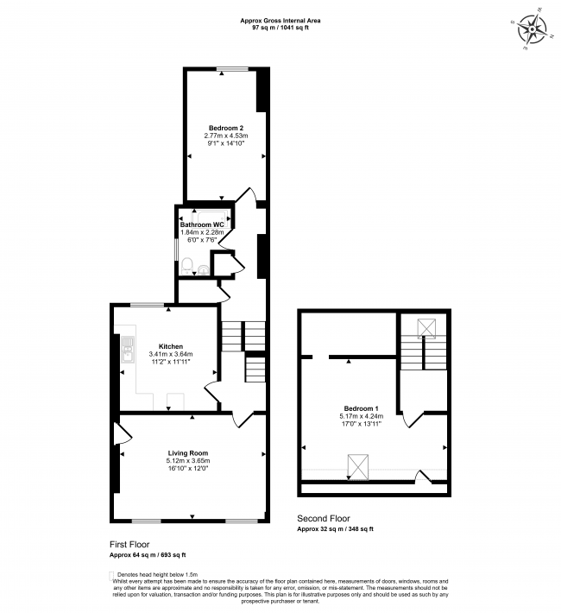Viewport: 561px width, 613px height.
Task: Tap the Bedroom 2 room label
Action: pyautogui.click(x=225, y=127)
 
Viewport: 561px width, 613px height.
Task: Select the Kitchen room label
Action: pyautogui.click(x=170, y=345)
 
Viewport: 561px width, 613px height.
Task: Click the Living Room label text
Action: pyautogui.click(x=187, y=452)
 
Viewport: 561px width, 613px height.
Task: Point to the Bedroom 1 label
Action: pyautogui.click(x=361, y=408)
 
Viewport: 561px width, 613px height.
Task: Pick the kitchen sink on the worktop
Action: pyautogui.click(x=126, y=349)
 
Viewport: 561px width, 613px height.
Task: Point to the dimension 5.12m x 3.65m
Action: pyautogui.click(x=187, y=461)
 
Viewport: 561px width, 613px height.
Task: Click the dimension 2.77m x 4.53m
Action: pyautogui.click(x=225, y=136)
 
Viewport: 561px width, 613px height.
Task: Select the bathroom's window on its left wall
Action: pyautogui.click(x=177, y=250)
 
